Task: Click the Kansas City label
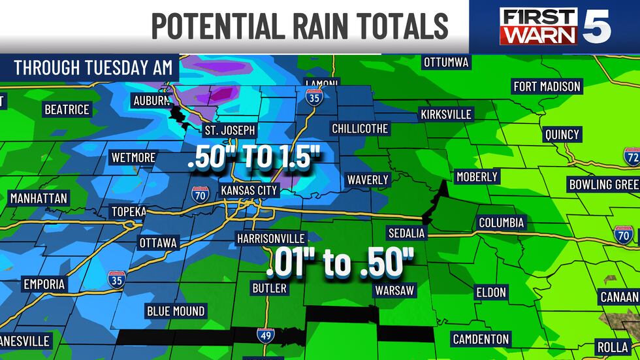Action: (249, 190)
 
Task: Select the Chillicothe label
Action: (360, 128)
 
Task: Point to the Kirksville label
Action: (446, 114)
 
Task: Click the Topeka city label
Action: (129, 212)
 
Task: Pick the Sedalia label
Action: (407, 233)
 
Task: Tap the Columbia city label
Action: (501, 222)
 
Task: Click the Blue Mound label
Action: (176, 311)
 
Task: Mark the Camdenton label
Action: (481, 338)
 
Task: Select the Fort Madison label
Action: (547, 86)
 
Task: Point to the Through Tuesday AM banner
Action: (93, 68)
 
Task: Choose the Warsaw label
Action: (394, 290)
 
